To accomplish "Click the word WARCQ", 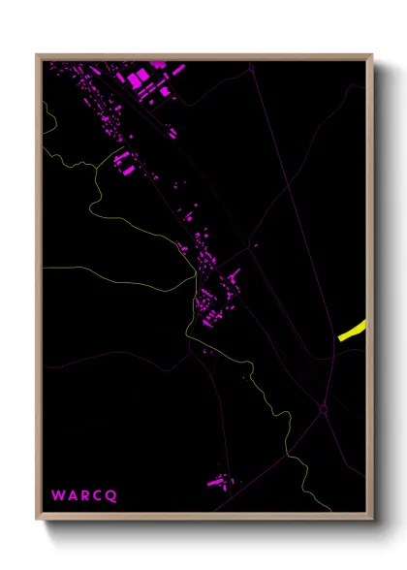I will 84,495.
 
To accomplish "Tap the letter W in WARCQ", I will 58,495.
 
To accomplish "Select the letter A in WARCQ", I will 73,495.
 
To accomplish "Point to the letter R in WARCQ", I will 85,495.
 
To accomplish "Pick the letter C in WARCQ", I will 98,495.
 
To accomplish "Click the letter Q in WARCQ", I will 111,495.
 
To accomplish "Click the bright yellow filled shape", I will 353,331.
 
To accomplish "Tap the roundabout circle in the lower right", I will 324,409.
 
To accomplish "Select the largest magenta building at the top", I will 139,76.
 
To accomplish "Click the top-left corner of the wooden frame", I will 37,55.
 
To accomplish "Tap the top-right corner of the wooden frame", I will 372,55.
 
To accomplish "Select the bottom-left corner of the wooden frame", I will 37,520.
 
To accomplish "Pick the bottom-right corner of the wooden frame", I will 372,520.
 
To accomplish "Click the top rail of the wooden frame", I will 203,56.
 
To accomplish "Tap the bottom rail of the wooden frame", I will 203,518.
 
